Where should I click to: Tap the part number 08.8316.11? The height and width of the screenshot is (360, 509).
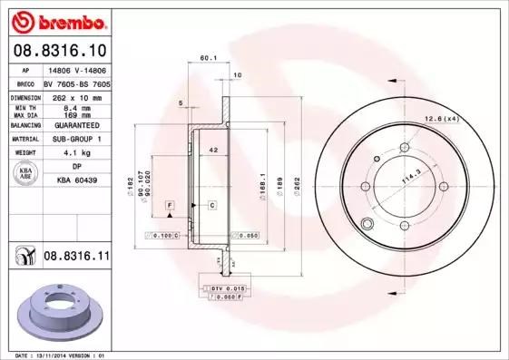pos(76,258)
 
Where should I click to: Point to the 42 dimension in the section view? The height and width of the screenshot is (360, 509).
pos(213,148)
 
